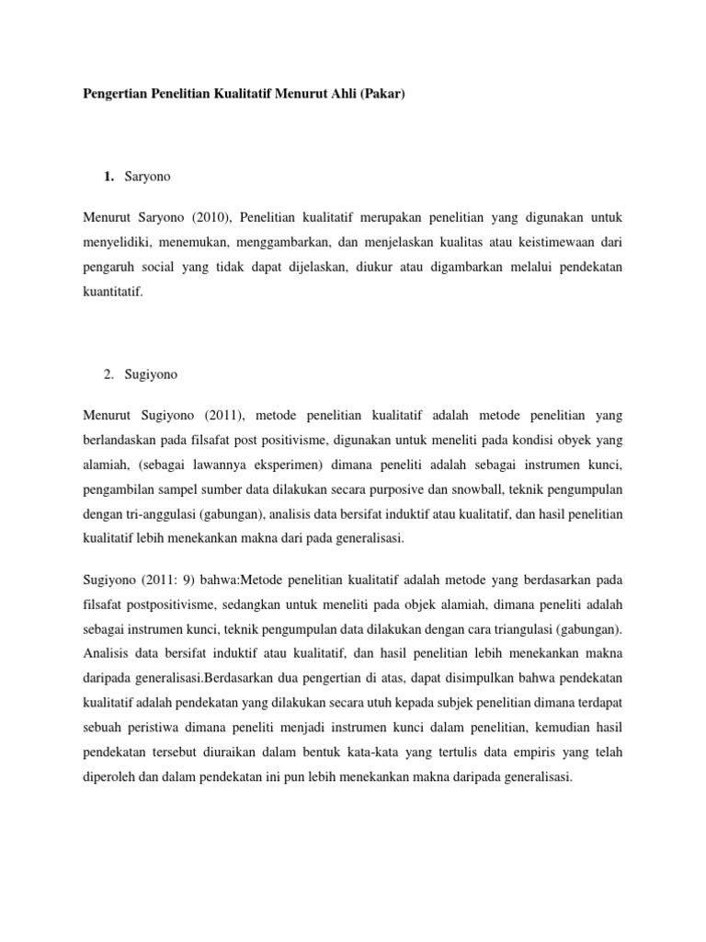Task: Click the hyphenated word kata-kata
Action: [x=368, y=752]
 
